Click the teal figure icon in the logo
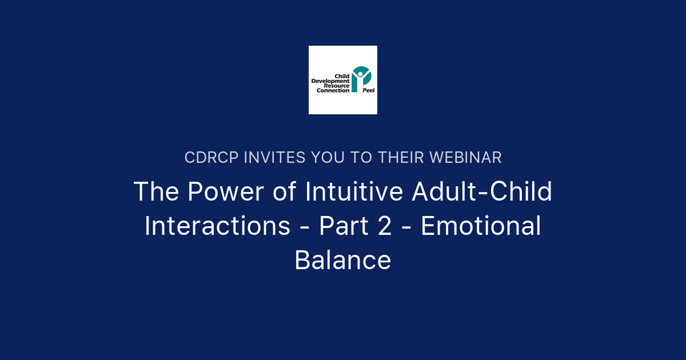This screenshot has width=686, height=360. tap(361, 79)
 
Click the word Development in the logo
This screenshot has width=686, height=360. tap(330, 81)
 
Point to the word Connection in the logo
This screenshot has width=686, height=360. tap(333, 90)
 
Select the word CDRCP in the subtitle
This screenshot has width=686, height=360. tap(212, 157)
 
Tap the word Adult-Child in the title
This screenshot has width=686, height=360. tap(482, 192)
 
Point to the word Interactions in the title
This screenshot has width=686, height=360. tap(217, 226)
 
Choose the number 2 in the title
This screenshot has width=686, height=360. tap(385, 226)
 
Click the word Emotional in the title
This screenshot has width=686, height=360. tap(481, 226)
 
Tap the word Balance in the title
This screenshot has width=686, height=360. tap(343, 261)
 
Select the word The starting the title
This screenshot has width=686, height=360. tap(155, 192)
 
